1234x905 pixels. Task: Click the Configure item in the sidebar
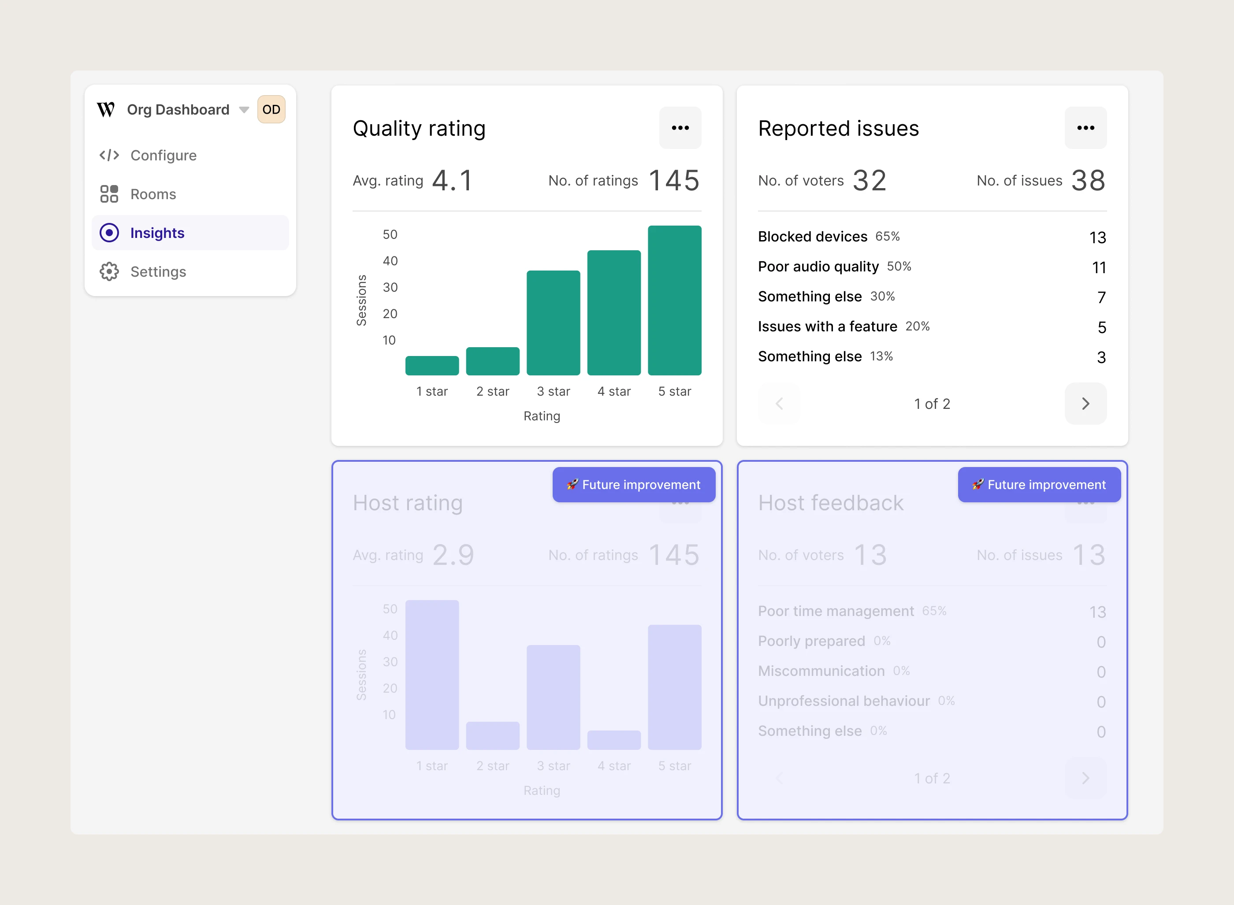148,156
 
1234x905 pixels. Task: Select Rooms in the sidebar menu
138,194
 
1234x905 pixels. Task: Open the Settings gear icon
109,272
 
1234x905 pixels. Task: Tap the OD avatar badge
271,110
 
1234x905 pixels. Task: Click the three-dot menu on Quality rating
680,128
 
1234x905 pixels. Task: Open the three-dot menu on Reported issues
1085,128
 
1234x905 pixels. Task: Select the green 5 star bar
675,300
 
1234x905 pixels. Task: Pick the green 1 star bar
432,365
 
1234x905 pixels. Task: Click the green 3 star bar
554,323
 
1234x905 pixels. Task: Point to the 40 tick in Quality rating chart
390,261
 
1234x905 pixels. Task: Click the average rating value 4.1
453,181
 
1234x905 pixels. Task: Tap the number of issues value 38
1088,181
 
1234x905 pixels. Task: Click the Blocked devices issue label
813,237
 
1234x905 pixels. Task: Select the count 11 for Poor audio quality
1099,267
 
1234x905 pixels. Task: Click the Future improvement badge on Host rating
634,485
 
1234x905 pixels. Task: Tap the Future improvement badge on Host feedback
1040,485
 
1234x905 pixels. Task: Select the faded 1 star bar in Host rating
432,675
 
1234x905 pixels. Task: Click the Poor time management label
836,612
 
